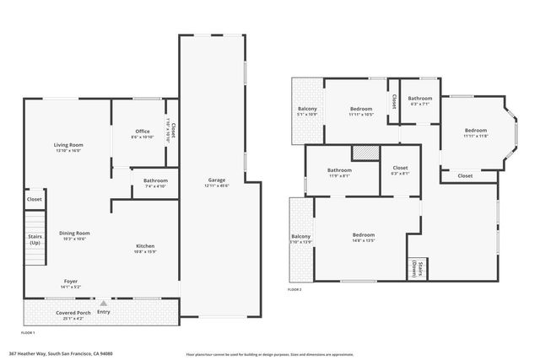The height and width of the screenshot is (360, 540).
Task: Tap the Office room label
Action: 143,133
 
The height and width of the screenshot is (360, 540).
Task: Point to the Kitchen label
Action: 145,248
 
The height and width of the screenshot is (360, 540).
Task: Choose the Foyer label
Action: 72,283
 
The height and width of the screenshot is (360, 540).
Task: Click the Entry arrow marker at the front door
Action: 103,304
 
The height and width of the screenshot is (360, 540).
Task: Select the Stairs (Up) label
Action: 35,240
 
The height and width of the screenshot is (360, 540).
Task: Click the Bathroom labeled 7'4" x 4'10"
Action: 155,182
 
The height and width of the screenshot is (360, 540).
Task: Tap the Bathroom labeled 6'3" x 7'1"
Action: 420,100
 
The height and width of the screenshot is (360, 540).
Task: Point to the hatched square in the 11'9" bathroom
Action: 363,152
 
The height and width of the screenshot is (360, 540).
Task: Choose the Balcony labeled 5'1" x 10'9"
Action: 307,111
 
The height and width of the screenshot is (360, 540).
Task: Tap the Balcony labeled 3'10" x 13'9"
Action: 300,239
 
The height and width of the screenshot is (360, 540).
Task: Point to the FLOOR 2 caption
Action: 294,289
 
